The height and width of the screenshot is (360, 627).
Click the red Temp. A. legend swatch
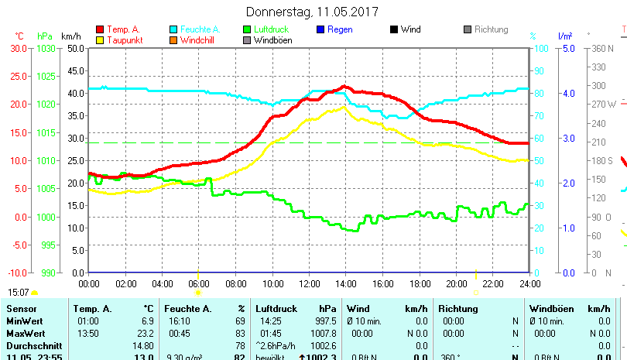(x=99, y=29)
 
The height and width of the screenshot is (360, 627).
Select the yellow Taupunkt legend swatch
(x=99, y=39)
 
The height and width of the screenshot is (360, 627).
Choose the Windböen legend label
(x=272, y=39)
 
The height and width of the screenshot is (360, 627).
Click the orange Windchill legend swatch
(x=173, y=39)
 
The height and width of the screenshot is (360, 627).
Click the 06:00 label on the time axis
(x=198, y=283)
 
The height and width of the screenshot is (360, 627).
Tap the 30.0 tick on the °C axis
(x=18, y=48)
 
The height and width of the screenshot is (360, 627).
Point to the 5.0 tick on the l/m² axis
(x=567, y=48)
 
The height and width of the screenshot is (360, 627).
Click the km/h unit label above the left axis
(x=70, y=36)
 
